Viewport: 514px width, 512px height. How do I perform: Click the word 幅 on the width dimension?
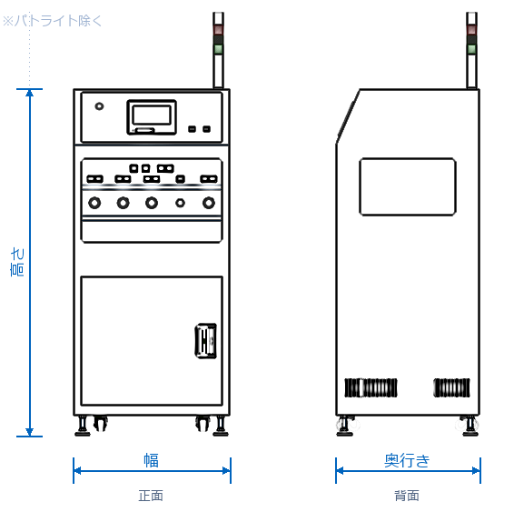(x=152, y=460)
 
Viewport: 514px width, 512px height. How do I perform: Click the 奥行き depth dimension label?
(x=407, y=460)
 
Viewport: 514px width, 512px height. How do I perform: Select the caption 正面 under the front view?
(x=151, y=496)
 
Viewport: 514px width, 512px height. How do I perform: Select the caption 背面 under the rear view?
(x=407, y=496)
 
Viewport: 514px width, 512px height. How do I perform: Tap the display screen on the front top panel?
(x=152, y=116)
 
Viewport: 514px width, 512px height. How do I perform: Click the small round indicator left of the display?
(x=99, y=106)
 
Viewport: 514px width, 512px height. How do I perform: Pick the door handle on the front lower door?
(x=206, y=341)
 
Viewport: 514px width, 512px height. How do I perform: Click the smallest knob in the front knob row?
(x=180, y=203)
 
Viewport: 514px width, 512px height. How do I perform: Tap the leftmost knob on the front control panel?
(x=94, y=202)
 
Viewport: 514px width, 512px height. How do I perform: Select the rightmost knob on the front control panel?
(x=209, y=202)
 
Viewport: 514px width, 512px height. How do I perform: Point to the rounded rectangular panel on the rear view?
(x=408, y=186)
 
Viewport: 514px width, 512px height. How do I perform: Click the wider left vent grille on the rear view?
(x=371, y=387)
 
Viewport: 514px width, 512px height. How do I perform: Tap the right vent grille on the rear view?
(x=451, y=387)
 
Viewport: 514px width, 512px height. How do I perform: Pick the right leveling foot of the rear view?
(x=469, y=426)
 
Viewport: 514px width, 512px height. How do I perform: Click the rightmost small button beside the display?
(x=207, y=129)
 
